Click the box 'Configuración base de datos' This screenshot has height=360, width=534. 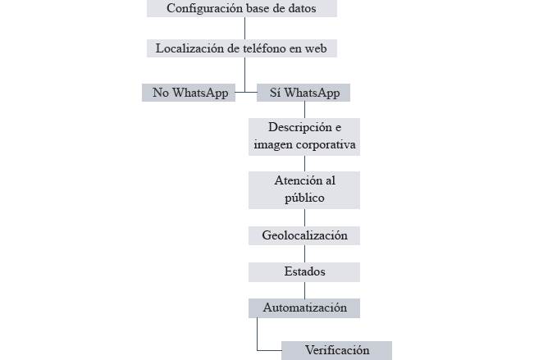(241, 9)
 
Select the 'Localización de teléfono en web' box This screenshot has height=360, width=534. (241, 48)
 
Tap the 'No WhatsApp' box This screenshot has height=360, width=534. (189, 93)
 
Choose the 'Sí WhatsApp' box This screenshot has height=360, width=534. (304, 93)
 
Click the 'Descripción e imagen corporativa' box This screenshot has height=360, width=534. (304, 136)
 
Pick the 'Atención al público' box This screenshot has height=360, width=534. (304, 189)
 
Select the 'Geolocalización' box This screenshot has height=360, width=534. (304, 235)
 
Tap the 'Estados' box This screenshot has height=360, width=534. (304, 271)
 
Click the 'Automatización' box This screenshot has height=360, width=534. (304, 308)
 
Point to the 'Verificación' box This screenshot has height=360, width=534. (336, 350)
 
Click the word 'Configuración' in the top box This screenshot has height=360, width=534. (202, 9)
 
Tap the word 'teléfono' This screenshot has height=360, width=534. (260, 48)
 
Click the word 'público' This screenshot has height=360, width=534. (304, 198)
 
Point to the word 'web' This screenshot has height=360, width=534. (315, 48)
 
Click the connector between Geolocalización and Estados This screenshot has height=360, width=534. (304, 253)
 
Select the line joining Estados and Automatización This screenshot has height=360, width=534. (304, 290)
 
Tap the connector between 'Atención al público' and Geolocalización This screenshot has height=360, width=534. (304, 216)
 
